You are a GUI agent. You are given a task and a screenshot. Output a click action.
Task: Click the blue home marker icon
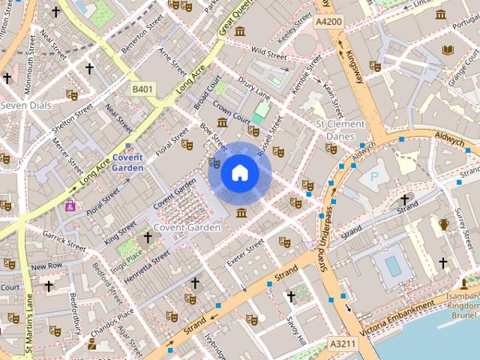pyautogui.click(x=239, y=173)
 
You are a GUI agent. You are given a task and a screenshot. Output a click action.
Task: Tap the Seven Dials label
pyautogui.click(x=27, y=106)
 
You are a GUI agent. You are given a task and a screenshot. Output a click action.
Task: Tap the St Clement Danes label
pyautogui.click(x=340, y=130)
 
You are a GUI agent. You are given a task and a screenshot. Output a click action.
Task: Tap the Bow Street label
pyautogui.click(x=214, y=136)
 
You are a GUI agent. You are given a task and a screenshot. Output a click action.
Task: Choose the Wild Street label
pyautogui.click(x=269, y=54)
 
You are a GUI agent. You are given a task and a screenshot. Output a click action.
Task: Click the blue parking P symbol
pyautogui.click(x=373, y=178)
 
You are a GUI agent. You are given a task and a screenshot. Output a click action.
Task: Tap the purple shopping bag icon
pyautogui.click(x=70, y=205)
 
